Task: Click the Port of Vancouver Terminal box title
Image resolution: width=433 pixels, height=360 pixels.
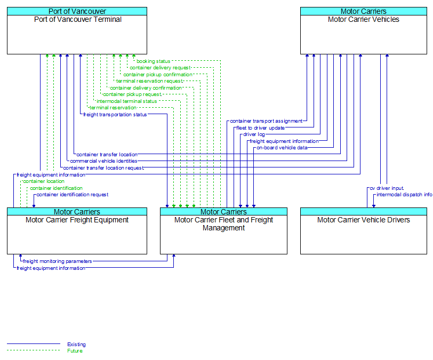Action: pyautogui.click(x=78, y=19)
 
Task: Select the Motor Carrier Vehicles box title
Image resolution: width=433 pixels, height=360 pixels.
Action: pyautogui.click(x=364, y=19)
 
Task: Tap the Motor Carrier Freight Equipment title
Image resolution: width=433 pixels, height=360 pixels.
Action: pyautogui.click(x=77, y=220)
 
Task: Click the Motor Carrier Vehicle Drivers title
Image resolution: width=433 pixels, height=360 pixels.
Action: pyautogui.click(x=364, y=220)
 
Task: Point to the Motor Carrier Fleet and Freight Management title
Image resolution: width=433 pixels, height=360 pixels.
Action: pyautogui.click(x=223, y=224)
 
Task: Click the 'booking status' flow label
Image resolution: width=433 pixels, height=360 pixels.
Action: pyautogui.click(x=153, y=61)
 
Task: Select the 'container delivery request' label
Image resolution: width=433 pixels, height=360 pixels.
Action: pyautogui.click(x=160, y=68)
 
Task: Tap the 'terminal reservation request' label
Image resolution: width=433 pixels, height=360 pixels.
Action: pyautogui.click(x=149, y=81)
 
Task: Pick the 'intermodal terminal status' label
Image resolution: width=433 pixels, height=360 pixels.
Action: pyautogui.click(x=127, y=101)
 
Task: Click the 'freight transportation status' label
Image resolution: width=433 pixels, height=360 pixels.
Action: pyautogui.click(x=115, y=114)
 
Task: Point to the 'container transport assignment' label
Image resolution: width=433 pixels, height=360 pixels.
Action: pyautogui.click(x=266, y=121)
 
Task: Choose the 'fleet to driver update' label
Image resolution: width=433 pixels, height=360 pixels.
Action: pyautogui.click(x=260, y=128)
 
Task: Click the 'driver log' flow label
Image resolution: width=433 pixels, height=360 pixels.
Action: pyautogui.click(x=254, y=134)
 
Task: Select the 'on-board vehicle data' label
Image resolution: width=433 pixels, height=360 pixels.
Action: pyautogui.click(x=282, y=148)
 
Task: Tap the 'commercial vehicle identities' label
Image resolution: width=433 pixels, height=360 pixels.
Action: pyautogui.click(x=103, y=161)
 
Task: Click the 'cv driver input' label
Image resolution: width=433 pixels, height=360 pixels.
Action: pyautogui.click(x=387, y=188)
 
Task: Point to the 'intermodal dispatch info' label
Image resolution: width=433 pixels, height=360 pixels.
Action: pyautogui.click(x=404, y=195)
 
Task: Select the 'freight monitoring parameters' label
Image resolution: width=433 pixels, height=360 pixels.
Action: pyautogui.click(x=58, y=261)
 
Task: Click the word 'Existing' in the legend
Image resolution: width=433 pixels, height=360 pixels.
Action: pyautogui.click(x=76, y=344)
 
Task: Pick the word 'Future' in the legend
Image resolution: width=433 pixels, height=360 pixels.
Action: pyautogui.click(x=75, y=350)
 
